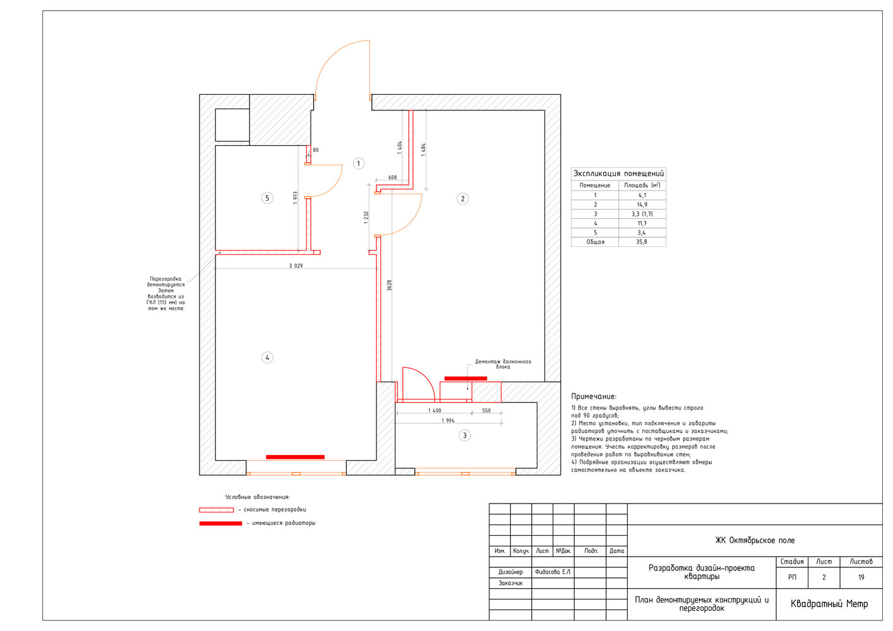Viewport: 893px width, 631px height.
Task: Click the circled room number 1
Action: [358, 163]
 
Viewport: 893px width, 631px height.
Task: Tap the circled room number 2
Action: [462, 199]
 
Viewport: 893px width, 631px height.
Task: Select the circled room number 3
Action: [464, 435]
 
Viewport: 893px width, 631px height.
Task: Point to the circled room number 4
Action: [267, 358]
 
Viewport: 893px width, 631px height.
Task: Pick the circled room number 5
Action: [267, 198]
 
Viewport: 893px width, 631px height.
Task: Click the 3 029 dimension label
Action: [296, 266]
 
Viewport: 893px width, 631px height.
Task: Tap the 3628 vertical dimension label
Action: [390, 285]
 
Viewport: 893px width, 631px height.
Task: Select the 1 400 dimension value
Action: [435, 410]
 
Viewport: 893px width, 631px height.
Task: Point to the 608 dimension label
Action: [392, 177]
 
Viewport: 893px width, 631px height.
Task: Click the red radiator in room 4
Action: [296, 457]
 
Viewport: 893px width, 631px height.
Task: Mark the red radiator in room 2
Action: [465, 379]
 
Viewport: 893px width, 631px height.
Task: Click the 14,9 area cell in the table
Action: [642, 204]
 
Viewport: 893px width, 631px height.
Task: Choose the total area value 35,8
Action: [642, 242]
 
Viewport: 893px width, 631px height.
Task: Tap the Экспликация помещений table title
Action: [618, 174]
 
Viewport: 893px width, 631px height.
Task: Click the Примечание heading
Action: [594, 396]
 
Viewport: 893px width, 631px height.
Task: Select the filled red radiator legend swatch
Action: [220, 524]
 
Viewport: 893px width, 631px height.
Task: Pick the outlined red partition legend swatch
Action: [217, 510]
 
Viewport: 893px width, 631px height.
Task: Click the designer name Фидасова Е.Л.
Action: [553, 572]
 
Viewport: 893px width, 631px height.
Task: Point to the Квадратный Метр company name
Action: [829, 604]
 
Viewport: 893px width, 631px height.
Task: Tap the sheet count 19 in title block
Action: [861, 577]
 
